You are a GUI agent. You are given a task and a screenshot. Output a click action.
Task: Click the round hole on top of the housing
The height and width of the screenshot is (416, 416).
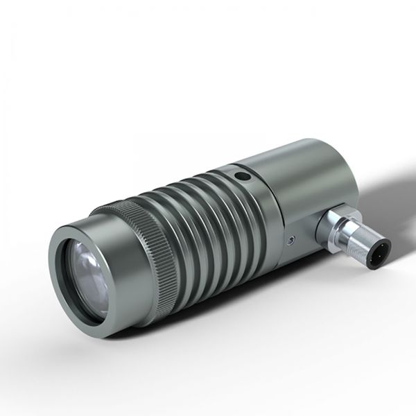tap(241, 177)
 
